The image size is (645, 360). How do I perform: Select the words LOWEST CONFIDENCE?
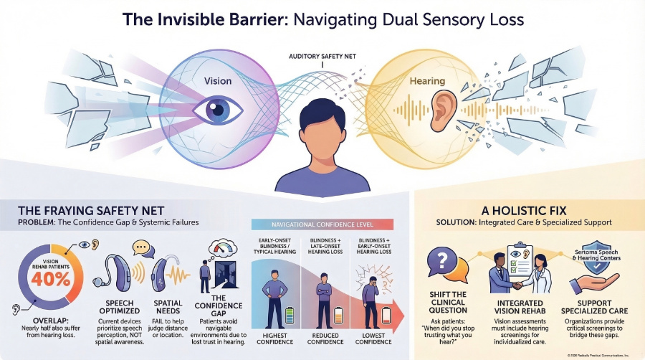point(377,338)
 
